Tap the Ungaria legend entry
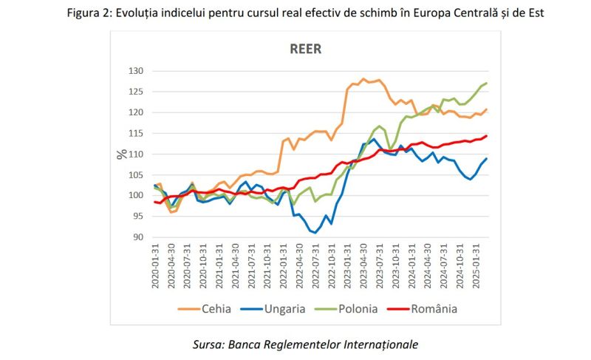coord(284,308)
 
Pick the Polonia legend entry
coord(357,308)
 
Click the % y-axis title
coord(121,154)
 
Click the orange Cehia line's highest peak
coord(363,79)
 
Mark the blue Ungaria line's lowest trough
coord(315,233)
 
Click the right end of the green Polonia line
coord(487,84)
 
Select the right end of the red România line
coord(487,136)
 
